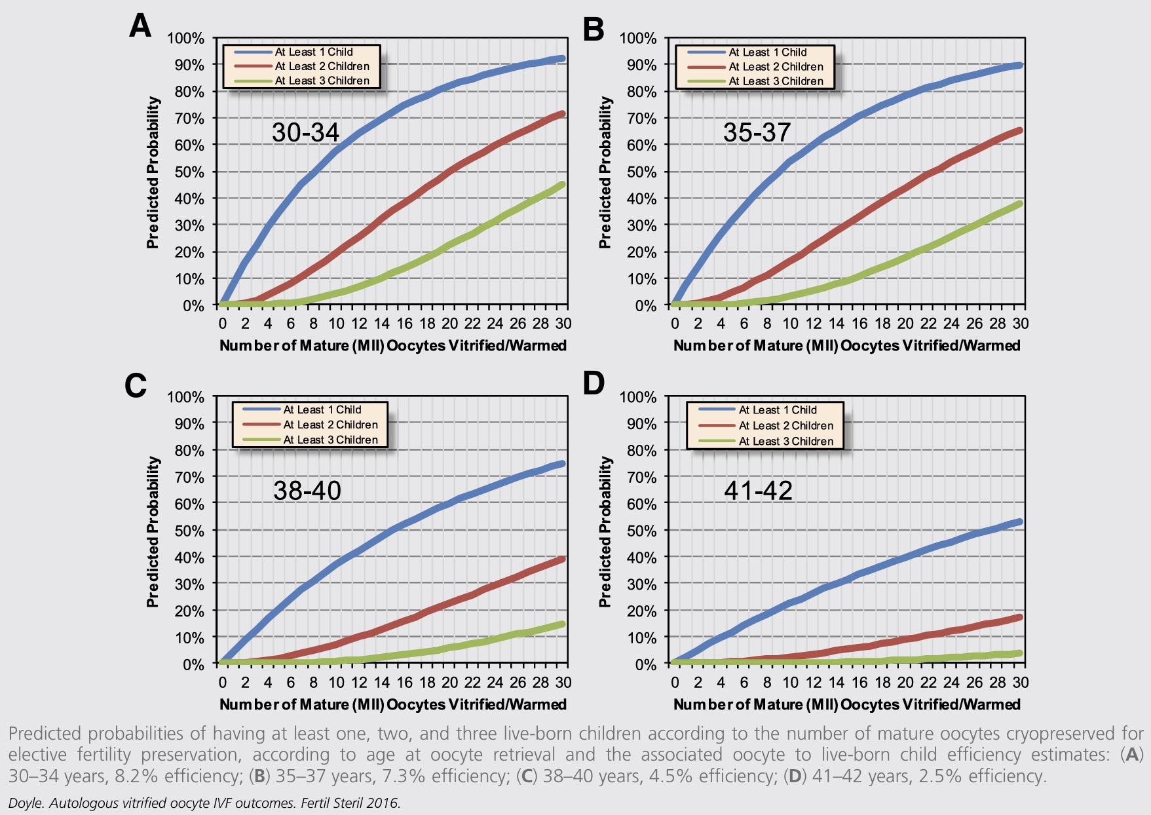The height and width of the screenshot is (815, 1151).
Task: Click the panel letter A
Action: (x=140, y=27)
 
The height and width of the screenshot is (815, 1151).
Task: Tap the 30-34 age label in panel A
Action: (x=305, y=132)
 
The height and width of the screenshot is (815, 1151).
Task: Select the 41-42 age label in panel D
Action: (x=758, y=490)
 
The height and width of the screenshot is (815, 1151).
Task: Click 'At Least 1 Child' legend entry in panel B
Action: (x=767, y=52)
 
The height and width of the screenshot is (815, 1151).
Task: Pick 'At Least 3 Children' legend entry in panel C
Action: (x=330, y=440)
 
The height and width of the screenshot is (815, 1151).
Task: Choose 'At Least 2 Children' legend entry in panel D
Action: (x=785, y=426)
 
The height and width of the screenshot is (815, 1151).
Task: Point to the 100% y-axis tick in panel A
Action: (x=186, y=38)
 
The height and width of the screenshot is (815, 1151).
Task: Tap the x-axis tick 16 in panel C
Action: (x=404, y=683)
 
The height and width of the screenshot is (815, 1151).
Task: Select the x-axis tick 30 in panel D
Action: (x=1020, y=683)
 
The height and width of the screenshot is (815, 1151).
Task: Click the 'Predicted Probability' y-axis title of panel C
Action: (x=153, y=532)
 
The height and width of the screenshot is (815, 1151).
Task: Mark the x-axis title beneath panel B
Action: (x=846, y=346)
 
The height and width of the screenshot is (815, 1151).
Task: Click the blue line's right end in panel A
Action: (x=561, y=59)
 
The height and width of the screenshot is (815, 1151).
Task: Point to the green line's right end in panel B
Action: (x=1018, y=204)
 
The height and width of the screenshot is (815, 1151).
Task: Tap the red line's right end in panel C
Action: (x=561, y=559)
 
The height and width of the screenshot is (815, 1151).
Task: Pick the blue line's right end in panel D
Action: (x=1018, y=522)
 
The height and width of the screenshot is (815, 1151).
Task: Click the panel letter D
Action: (x=594, y=383)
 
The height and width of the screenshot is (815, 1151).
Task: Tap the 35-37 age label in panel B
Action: (x=757, y=132)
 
